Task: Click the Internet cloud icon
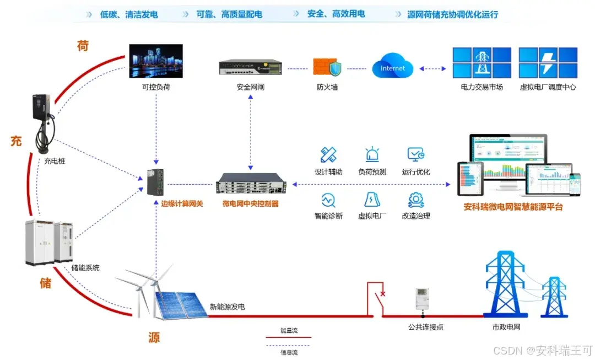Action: (x=392, y=67)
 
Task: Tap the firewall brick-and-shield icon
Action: (x=327, y=67)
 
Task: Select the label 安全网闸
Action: (x=251, y=87)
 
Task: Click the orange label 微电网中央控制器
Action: (x=250, y=203)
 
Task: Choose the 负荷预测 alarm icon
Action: (x=372, y=154)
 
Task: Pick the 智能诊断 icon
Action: (x=328, y=199)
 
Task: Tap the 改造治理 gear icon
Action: (x=415, y=199)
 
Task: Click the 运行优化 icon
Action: (x=415, y=154)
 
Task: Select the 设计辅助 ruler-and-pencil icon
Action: (x=328, y=154)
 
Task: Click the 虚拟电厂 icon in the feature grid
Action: (x=372, y=199)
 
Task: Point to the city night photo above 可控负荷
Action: (x=155, y=61)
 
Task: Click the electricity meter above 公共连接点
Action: (x=422, y=299)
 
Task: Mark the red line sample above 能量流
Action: (x=289, y=337)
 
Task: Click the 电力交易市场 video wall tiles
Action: (x=482, y=62)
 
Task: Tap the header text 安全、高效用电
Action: (x=337, y=14)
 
